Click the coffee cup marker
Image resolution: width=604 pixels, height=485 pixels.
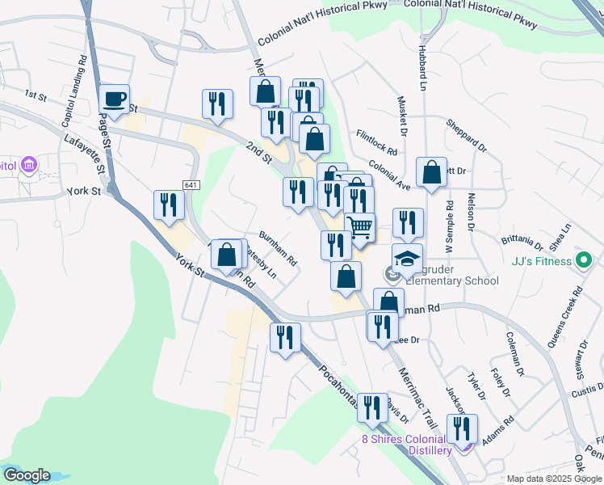pos(115,99)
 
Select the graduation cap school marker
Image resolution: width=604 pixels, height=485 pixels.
pos(408,259)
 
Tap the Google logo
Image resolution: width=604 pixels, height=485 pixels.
pos(27,475)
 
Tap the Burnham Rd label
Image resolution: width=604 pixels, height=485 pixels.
pos(279,249)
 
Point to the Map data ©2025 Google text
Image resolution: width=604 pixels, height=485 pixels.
pos(553,479)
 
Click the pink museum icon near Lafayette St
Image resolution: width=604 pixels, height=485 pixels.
pos(29,166)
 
